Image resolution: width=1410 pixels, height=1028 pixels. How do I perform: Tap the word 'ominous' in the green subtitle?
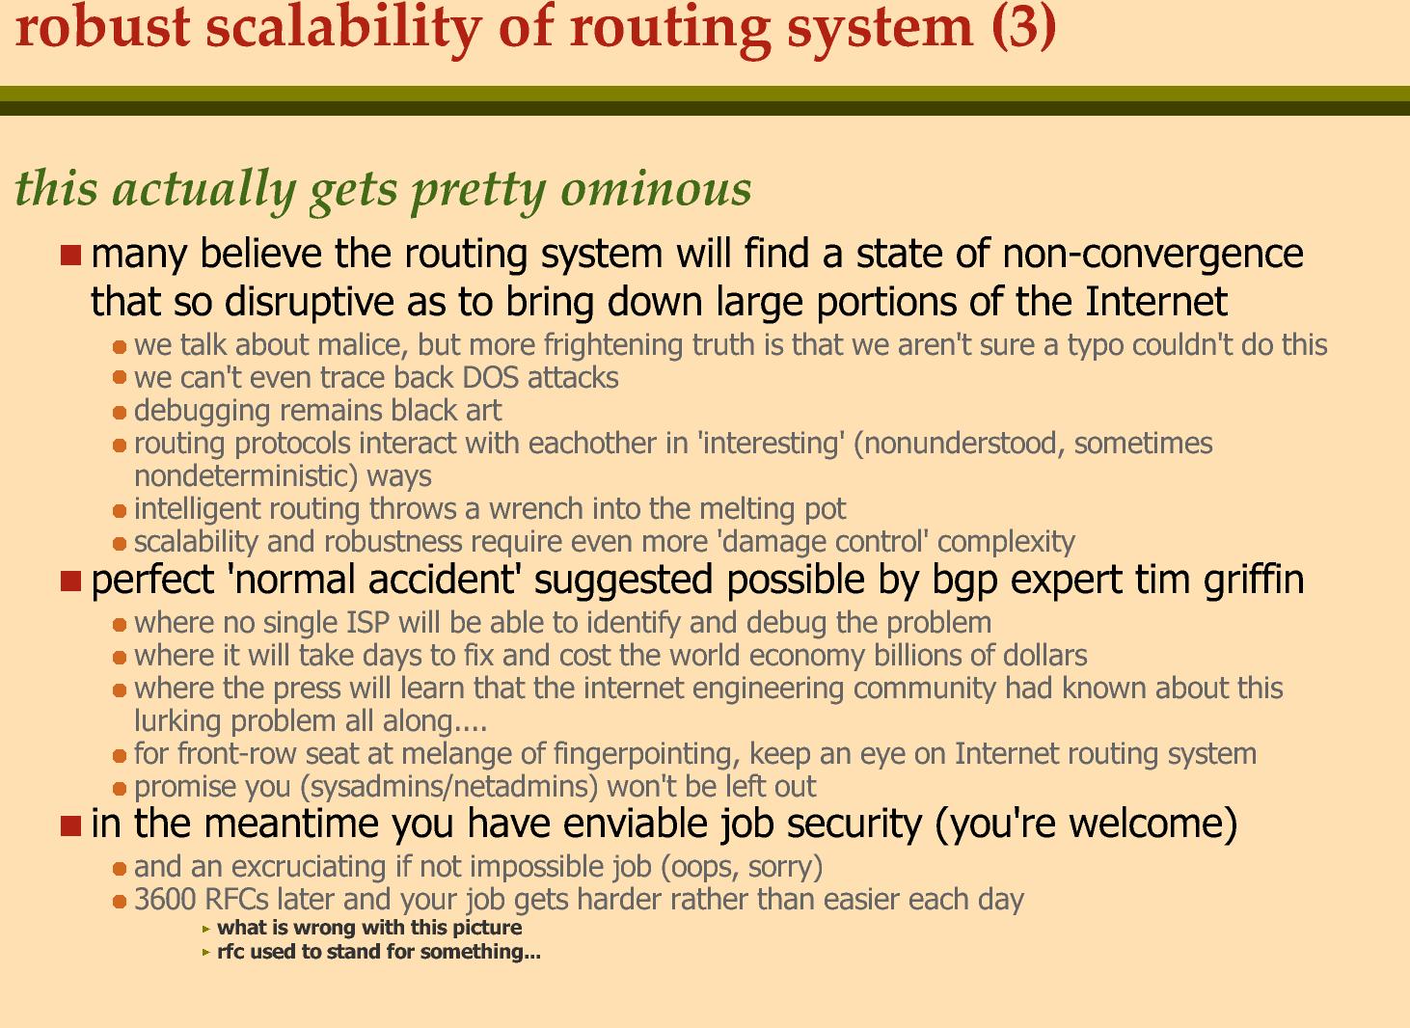[x=656, y=189]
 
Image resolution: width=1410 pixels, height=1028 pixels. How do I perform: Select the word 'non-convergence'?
[x=1152, y=254]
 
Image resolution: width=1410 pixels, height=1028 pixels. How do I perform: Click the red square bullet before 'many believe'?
[x=71, y=255]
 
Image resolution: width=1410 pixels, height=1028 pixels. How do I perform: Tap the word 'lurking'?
[x=177, y=722]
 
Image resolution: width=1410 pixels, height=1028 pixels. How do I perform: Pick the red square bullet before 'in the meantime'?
[x=71, y=825]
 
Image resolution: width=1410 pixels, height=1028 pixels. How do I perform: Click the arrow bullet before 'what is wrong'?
[x=205, y=929]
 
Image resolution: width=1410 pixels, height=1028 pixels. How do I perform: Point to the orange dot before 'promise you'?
[x=120, y=788]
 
